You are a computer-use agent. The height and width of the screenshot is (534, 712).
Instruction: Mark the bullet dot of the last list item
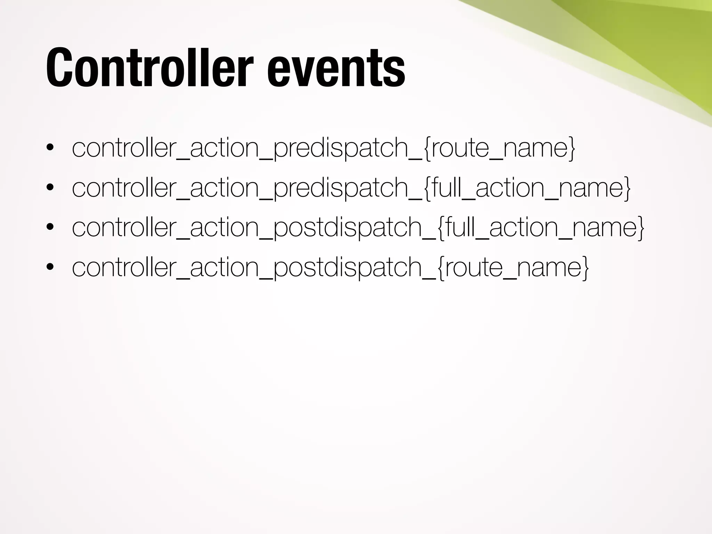[x=50, y=267]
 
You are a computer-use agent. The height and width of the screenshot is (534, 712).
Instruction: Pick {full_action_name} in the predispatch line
[x=527, y=188]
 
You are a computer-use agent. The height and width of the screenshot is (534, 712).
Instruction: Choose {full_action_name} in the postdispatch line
[x=541, y=227]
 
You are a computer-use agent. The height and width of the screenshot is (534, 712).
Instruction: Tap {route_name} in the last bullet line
[x=513, y=267]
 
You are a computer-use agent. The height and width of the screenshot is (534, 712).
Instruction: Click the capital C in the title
[x=58, y=67]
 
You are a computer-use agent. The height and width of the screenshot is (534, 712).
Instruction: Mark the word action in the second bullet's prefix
[x=225, y=188]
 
